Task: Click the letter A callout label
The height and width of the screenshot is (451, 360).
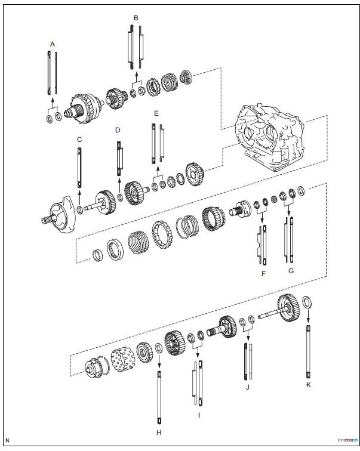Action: tap(52, 44)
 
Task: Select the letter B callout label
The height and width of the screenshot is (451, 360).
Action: tap(136, 18)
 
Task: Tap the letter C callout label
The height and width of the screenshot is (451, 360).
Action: tap(79, 140)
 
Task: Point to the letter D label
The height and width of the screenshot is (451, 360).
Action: tap(118, 129)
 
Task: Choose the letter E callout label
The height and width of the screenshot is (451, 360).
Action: tap(156, 113)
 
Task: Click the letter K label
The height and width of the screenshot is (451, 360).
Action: tap(308, 385)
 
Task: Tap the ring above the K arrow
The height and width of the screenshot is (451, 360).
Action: tap(307, 301)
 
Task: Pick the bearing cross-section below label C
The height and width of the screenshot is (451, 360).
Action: tap(79, 169)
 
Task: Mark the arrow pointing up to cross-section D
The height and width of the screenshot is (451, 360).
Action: tap(119, 184)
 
